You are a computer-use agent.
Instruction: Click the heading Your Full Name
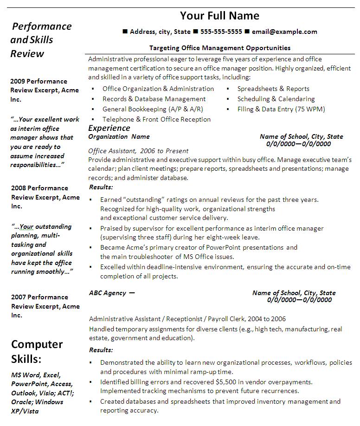click(219, 16)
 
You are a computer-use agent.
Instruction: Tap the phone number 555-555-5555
click(221, 32)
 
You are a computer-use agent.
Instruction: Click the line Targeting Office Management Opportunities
click(220, 48)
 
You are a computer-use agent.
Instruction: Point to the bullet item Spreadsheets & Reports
click(273, 89)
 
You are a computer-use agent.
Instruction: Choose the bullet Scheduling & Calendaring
click(276, 99)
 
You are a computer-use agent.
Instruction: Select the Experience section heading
click(109, 128)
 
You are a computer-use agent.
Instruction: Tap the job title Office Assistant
click(111, 151)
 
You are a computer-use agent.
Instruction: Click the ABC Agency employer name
click(107, 293)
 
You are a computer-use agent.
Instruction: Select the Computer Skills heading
click(37, 351)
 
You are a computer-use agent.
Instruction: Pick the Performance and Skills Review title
click(41, 40)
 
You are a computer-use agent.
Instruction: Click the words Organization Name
click(119, 136)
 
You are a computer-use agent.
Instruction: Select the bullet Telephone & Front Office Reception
click(156, 119)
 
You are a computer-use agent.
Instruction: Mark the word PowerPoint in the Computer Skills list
click(28, 384)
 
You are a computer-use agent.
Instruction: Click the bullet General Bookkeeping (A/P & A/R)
click(153, 109)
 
